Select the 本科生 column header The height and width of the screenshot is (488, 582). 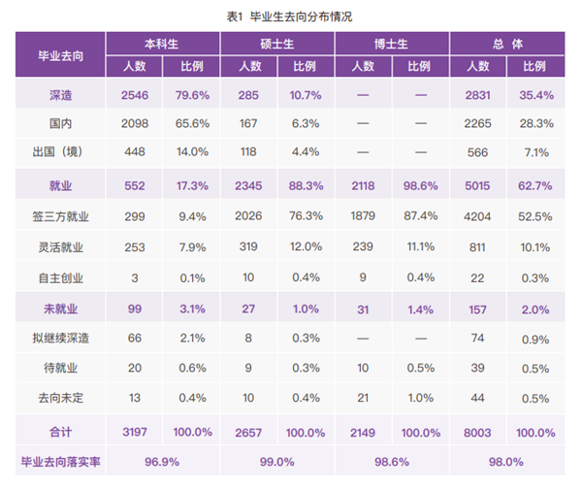(163, 45)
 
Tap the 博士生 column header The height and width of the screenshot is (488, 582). (391, 45)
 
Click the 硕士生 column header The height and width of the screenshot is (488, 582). (277, 45)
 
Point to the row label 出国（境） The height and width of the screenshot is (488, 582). (60, 152)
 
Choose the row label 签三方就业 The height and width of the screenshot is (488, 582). (60, 218)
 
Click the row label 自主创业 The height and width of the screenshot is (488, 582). (60, 278)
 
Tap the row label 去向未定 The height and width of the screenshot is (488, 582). (60, 397)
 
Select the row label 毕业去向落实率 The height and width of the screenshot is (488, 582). (60, 461)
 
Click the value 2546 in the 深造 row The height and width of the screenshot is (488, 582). (134, 95)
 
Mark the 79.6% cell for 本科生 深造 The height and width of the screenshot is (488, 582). (192, 95)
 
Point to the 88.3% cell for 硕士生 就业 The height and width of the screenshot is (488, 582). (306, 185)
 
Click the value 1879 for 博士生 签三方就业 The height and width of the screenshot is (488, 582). (363, 218)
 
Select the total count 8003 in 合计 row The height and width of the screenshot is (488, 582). (477, 430)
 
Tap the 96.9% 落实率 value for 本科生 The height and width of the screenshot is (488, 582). (163, 461)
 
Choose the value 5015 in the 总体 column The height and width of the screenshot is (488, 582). (477, 185)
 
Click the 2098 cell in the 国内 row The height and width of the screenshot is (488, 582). (134, 124)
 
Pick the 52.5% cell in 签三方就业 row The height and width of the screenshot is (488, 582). (534, 218)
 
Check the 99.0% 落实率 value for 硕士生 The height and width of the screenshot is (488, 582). (277, 461)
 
